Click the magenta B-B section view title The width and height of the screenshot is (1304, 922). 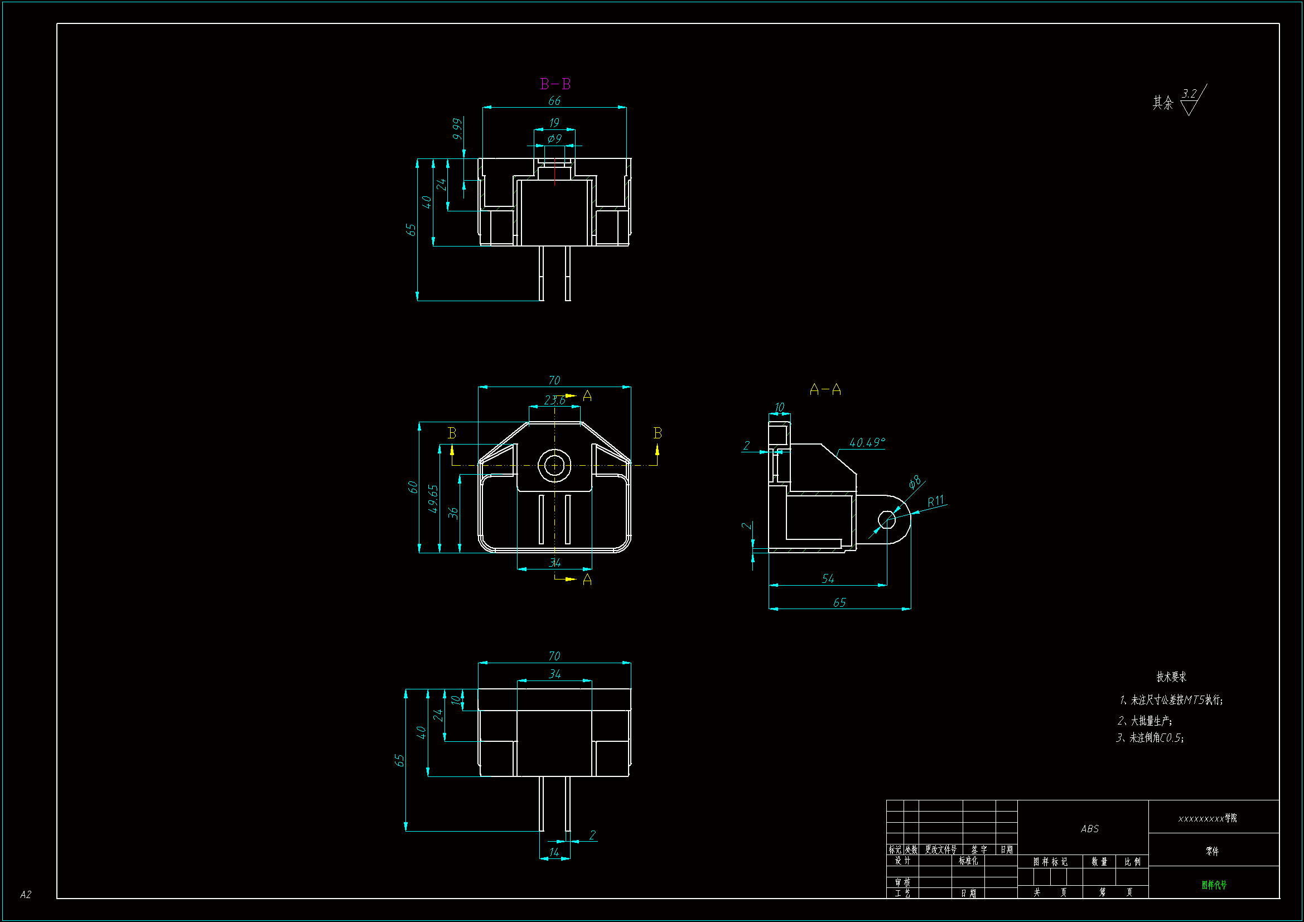(555, 84)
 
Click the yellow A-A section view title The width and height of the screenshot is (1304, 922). (825, 390)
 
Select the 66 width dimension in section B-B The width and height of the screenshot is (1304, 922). (554, 100)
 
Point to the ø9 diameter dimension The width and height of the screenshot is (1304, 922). (554, 139)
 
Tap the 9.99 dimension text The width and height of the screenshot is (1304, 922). (457, 129)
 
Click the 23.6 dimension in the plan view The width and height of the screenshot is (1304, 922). (554, 400)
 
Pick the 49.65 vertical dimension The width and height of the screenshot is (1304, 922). (433, 499)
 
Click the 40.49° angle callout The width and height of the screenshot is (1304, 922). (867, 442)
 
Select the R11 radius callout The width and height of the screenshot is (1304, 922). (935, 501)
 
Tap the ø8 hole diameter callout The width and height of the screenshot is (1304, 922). (914, 482)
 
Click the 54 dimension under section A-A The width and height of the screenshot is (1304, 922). (828, 579)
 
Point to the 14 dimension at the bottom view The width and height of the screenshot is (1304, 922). (554, 852)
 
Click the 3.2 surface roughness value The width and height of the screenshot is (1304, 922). (1189, 94)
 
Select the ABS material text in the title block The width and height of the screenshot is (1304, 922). (1089, 829)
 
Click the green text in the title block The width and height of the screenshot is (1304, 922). (1214, 885)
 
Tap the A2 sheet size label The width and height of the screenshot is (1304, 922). (26, 895)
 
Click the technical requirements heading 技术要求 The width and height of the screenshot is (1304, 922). (1171, 677)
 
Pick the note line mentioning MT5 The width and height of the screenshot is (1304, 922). (1171, 700)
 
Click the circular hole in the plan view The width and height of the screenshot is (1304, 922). (554, 465)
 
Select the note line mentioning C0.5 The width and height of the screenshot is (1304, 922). (1150, 738)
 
